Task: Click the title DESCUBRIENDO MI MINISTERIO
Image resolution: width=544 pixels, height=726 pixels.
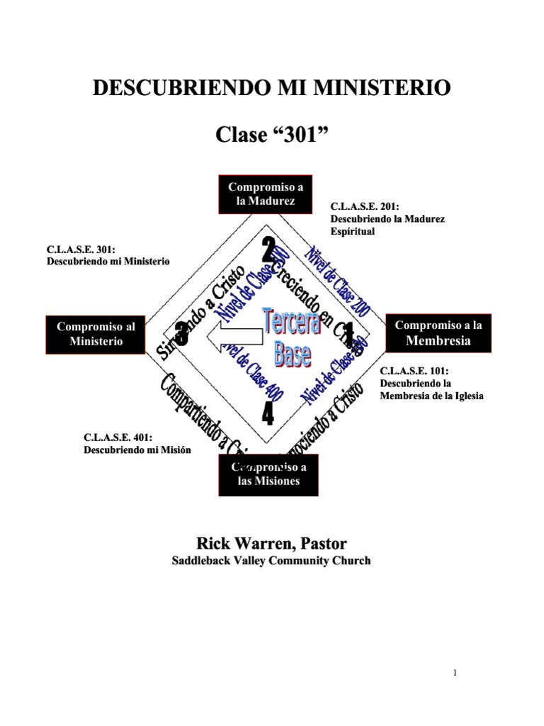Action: [272, 89]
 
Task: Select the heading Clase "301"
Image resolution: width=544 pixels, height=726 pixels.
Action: [272, 135]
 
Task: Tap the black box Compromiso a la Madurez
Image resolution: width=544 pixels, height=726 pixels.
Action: [266, 194]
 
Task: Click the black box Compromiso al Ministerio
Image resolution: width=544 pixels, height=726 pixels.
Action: [96, 334]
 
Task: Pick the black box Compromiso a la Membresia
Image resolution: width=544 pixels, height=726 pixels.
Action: [438, 333]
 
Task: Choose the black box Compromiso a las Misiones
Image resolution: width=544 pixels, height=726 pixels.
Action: [268, 474]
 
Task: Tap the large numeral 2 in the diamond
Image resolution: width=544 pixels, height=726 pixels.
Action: [268, 250]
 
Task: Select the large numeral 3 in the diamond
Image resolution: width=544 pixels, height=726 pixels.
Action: [182, 333]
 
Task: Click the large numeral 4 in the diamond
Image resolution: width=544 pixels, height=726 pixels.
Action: [268, 413]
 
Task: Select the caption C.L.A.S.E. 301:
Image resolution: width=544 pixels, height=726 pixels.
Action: [81, 249]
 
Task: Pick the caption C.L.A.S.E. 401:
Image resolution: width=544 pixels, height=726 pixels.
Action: [119, 438]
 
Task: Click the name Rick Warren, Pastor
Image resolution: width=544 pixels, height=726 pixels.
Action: [271, 544]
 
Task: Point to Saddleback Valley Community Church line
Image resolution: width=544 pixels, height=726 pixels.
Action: [271, 561]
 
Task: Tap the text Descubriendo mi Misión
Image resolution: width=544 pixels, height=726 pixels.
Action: [137, 450]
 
